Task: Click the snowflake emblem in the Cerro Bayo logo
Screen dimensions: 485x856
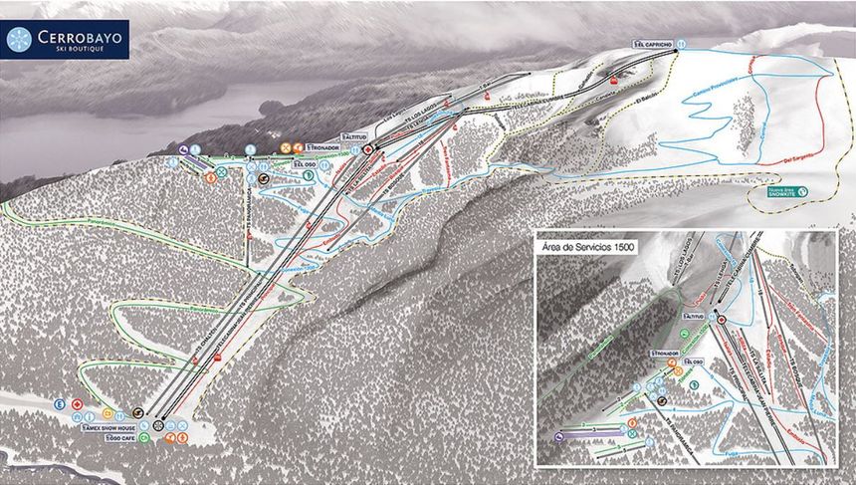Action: point(19,39)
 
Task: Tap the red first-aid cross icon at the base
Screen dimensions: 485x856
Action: point(77,403)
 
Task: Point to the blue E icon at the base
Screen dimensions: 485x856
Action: point(59,404)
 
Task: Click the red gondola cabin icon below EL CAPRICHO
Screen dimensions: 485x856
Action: point(615,78)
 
